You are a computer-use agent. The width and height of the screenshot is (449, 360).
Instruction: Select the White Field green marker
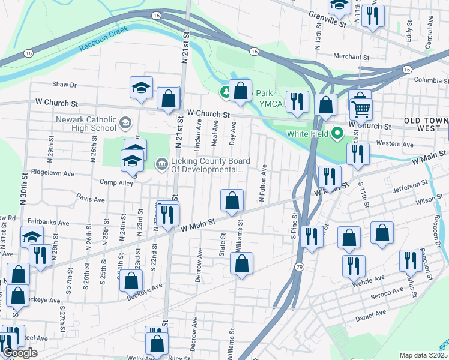coord(337,133)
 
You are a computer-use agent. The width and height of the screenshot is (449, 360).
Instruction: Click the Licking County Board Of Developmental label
coord(208,164)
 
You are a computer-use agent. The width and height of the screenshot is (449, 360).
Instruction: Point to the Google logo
coord(20,353)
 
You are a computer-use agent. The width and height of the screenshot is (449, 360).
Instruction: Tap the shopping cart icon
coord(361,109)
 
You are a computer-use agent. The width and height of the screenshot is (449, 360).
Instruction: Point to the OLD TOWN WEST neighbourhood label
coord(426,125)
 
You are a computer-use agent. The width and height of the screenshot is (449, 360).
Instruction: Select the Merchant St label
coord(351,56)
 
